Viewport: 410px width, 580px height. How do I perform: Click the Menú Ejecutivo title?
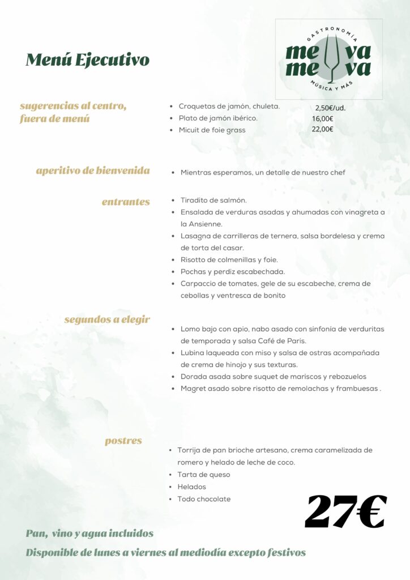coord(88,59)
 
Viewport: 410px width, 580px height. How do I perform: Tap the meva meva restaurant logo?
coord(328,59)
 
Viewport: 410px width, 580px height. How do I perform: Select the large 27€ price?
coord(345,511)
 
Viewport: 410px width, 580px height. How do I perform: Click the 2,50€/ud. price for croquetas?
coord(330,108)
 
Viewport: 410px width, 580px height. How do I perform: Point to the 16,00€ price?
coord(322,118)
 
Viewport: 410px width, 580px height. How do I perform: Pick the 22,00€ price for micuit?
coord(322,129)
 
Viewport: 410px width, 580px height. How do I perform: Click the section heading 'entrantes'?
coord(126,202)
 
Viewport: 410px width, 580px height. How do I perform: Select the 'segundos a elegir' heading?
coord(107,319)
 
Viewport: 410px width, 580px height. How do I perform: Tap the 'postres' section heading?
coord(123,441)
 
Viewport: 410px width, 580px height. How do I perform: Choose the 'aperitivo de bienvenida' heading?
coord(93,170)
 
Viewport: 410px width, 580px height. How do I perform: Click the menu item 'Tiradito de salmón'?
coord(213,201)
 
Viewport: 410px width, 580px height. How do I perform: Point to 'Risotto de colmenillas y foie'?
coord(229,260)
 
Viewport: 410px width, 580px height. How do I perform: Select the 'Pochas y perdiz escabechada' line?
coord(232,272)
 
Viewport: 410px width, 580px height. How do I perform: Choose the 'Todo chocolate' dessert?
coord(204,499)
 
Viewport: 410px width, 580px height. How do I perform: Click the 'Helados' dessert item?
coord(191,487)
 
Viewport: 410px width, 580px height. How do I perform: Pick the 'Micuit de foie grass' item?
coord(212,130)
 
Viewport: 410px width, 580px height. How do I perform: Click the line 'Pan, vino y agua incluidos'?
coord(89,534)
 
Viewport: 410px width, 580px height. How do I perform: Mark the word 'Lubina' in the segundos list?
coord(193,353)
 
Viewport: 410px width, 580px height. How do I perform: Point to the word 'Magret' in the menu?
coord(194,389)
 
